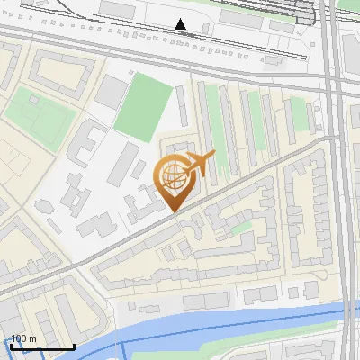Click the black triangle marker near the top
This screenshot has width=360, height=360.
click(181, 24)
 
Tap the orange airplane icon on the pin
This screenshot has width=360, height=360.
click(200, 164)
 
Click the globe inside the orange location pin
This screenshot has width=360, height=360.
click(176, 176)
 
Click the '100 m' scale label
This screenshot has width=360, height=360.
click(23, 339)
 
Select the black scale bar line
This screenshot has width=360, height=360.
click(41, 347)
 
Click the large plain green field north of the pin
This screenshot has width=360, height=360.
click(143, 105)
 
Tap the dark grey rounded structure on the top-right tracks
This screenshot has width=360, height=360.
click(306, 13)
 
